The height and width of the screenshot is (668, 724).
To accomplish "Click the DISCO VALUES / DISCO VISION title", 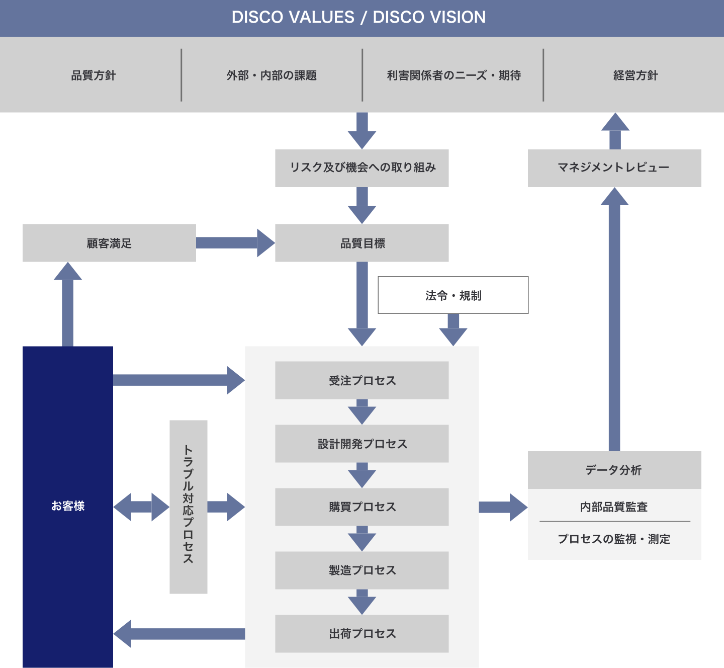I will click(358, 17).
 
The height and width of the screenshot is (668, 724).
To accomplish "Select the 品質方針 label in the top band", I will click(94, 75).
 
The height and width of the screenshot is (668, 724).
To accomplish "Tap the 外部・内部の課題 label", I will click(271, 75).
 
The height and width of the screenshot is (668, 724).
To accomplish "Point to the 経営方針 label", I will click(636, 75).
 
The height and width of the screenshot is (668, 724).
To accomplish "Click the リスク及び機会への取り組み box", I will click(362, 168).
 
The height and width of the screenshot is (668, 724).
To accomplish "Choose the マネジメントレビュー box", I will click(614, 168).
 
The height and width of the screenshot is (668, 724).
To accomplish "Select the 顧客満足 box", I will click(109, 243).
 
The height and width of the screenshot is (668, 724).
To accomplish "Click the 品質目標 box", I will click(362, 243).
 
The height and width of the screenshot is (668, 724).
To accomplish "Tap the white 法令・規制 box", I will click(453, 295).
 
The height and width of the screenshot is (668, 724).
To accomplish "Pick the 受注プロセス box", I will click(362, 380).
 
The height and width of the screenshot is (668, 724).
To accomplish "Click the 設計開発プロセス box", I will click(362, 444).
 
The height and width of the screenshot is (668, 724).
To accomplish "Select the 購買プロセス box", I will click(362, 507).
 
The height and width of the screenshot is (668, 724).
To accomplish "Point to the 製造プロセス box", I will click(362, 570).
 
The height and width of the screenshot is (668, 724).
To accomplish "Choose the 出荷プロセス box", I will click(362, 634).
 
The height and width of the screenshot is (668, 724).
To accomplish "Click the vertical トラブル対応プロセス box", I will click(189, 507).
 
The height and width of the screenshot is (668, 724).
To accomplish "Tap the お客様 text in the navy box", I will click(68, 506).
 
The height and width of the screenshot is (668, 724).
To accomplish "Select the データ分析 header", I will click(614, 470).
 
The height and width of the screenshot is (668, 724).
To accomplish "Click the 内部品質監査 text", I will click(614, 507).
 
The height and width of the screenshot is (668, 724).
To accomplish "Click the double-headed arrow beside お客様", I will click(141, 507).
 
